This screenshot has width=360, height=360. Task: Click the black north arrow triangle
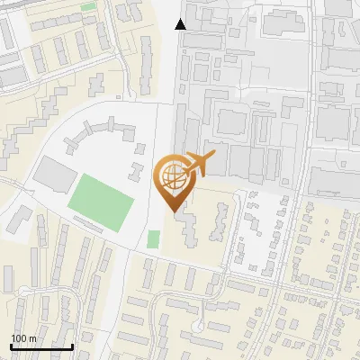tap(181, 23)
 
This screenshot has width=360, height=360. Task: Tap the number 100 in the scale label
tap(19, 337)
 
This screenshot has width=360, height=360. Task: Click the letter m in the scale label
tap(32, 337)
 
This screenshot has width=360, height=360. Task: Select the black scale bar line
tap(41, 346)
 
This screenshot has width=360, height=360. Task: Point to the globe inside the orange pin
tap(171, 177)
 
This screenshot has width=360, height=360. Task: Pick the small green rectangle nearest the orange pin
tap(153, 239)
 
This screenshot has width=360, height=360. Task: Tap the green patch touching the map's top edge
tap(88, 6)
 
